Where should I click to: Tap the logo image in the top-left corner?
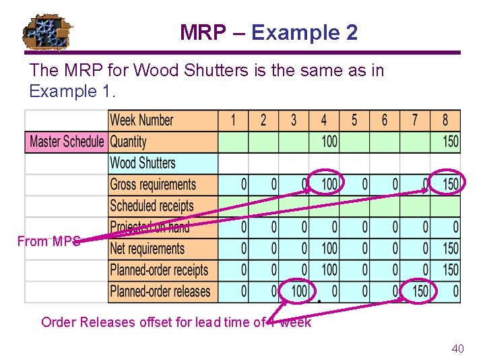pyautogui.click(x=48, y=33)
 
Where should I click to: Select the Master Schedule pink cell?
pyautogui.click(x=67, y=142)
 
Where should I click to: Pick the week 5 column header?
pyautogui.click(x=354, y=120)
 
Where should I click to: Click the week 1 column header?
pyautogui.click(x=233, y=120)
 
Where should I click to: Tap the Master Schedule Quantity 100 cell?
pyautogui.click(x=329, y=142)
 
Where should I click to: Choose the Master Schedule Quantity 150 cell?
pyautogui.click(x=451, y=142)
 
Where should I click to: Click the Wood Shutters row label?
pyautogui.click(x=143, y=163)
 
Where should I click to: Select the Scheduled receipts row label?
pyautogui.click(x=152, y=206)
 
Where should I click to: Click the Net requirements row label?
pyautogui.click(x=147, y=249)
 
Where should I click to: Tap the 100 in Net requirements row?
pyautogui.click(x=329, y=249)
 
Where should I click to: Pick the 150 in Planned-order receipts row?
pyautogui.click(x=451, y=270)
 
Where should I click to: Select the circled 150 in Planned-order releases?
pyautogui.click(x=420, y=291)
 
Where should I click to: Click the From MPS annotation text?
pyautogui.click(x=48, y=241)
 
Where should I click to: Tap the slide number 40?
pyautogui.click(x=457, y=348)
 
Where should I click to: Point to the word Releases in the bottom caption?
pyautogui.click(x=108, y=322)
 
